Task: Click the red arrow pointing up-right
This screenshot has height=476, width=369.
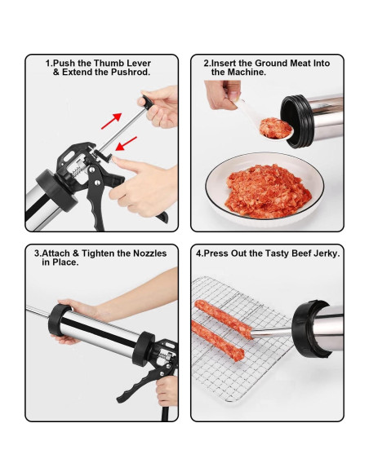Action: tap(111, 121)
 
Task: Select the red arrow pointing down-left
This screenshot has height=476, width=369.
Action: tap(127, 143)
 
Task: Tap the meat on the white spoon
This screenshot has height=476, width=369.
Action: tap(275, 128)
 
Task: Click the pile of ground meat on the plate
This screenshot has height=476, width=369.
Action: tap(268, 191)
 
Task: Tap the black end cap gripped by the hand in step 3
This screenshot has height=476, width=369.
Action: tap(60, 320)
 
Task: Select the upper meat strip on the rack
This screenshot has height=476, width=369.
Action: tap(224, 319)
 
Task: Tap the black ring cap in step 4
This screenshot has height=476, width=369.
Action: tap(308, 328)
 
